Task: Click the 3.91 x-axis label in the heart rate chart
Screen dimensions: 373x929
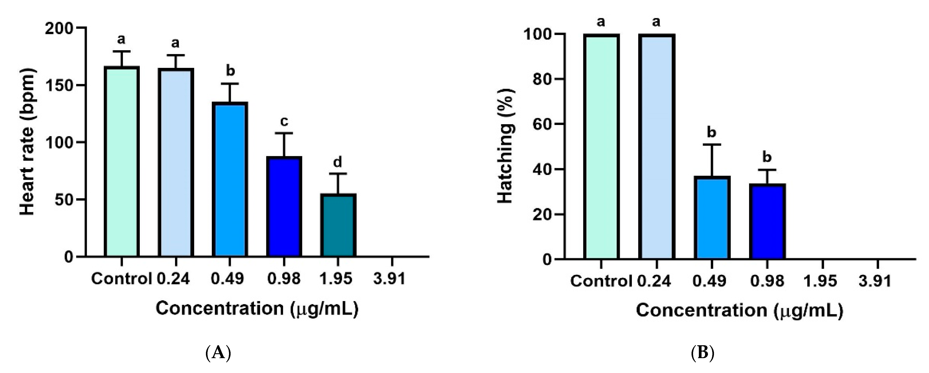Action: (x=389, y=278)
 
